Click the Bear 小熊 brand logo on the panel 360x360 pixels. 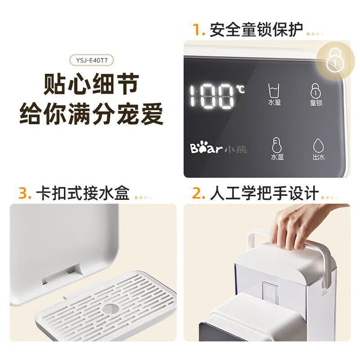[x=218, y=149]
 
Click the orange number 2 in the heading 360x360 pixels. [x=198, y=193]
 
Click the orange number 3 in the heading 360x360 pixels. [x=24, y=193]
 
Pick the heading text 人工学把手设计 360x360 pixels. [x=264, y=193]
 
